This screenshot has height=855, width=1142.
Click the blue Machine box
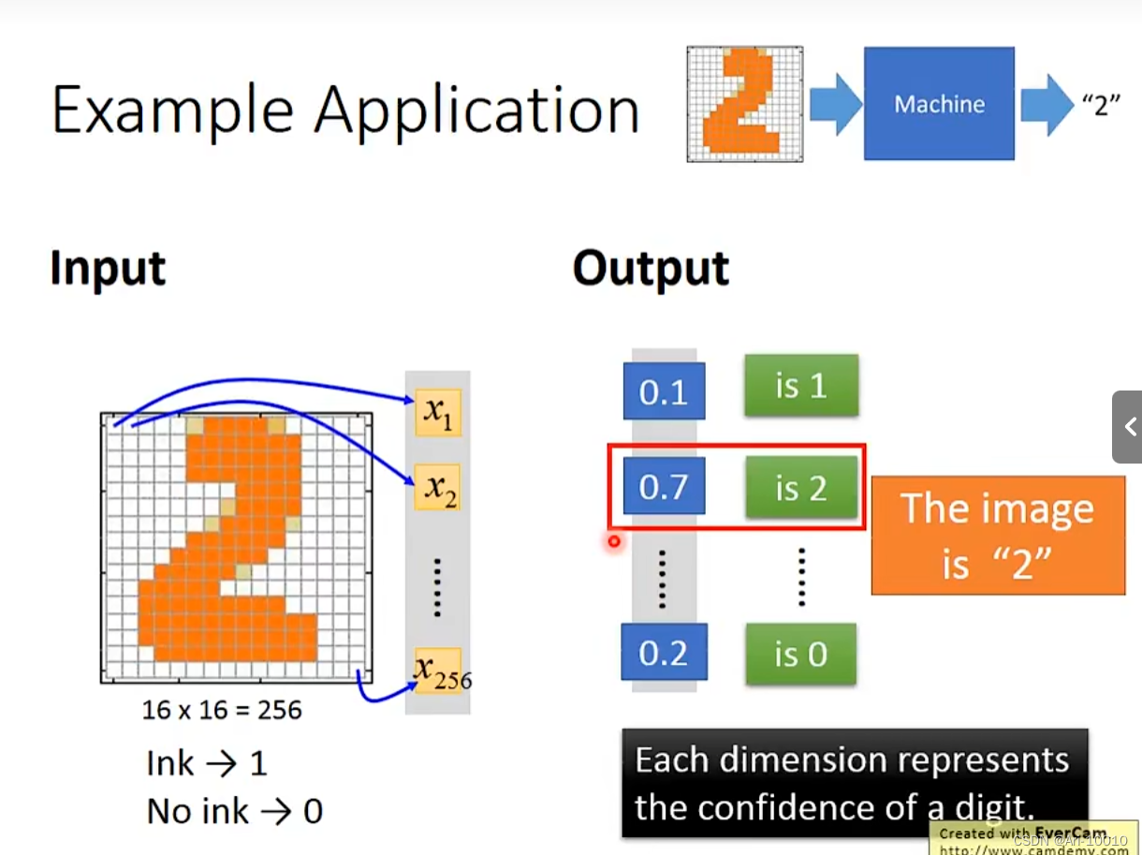pos(939,103)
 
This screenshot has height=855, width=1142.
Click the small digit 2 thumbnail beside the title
pos(744,103)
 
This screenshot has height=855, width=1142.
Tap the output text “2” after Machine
pos(1101,105)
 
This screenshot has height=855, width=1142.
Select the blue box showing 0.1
pos(664,391)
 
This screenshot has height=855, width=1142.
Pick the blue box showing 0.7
pos(664,487)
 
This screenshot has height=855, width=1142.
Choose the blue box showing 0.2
pos(664,653)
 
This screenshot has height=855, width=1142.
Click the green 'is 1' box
pos(800,385)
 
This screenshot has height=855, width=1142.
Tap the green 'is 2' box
pos(800,487)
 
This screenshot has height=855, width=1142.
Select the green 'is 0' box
pos(800,653)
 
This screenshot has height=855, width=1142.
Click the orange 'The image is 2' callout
pos(998,536)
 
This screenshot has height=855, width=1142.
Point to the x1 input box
pos(437,413)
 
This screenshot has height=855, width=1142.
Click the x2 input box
pos(437,488)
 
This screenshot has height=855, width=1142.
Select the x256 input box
pos(438,671)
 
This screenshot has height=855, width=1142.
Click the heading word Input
pos(108,269)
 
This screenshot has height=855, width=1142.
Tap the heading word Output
pos(651,269)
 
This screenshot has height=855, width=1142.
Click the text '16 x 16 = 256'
pos(222,710)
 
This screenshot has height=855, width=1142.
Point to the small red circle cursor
pos(614,540)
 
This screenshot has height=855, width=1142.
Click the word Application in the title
pos(476,111)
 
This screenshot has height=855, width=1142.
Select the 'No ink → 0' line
pos(234,811)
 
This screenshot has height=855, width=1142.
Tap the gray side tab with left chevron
pos(1127,427)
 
